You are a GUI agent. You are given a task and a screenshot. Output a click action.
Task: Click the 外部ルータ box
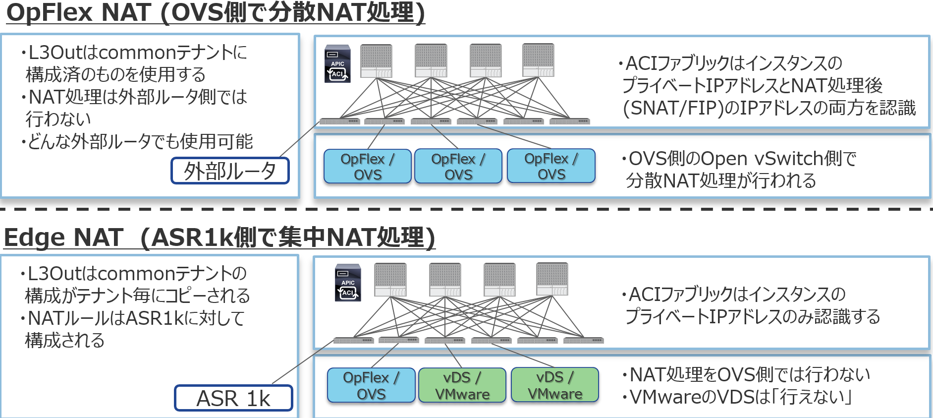pyautogui.click(x=230, y=171)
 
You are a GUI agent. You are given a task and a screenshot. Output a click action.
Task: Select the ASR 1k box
pyautogui.click(x=233, y=398)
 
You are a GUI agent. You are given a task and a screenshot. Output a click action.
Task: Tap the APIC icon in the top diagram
pyautogui.click(x=337, y=64)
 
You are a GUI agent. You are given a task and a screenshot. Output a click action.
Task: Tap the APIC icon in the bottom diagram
pyautogui.click(x=348, y=283)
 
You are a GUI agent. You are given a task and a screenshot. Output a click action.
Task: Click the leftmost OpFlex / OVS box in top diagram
pyautogui.click(x=368, y=167)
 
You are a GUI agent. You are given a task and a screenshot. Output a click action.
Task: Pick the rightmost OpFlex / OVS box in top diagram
pyautogui.click(x=551, y=166)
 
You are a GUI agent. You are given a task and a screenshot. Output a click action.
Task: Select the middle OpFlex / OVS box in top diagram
pyautogui.click(x=458, y=167)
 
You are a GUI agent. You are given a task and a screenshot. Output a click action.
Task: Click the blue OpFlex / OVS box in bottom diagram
pyautogui.click(x=371, y=385)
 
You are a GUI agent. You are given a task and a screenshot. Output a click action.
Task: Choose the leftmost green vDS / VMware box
pyautogui.click(x=462, y=385)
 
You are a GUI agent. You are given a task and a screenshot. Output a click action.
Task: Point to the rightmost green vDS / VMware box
pyautogui.click(x=555, y=385)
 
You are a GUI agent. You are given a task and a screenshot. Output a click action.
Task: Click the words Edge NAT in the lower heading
pyautogui.click(x=63, y=238)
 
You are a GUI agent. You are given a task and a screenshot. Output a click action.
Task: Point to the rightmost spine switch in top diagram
pyautogui.click(x=538, y=60)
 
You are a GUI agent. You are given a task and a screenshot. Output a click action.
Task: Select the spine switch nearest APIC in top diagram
pyautogui.click(x=377, y=61)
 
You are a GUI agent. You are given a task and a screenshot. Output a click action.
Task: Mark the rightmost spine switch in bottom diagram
pyautogui.click(x=552, y=280)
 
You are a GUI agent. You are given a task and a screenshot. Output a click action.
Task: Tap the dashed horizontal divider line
pyautogui.click(x=466, y=209)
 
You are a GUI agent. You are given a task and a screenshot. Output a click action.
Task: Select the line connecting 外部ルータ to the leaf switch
pyautogui.click(x=299, y=140)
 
